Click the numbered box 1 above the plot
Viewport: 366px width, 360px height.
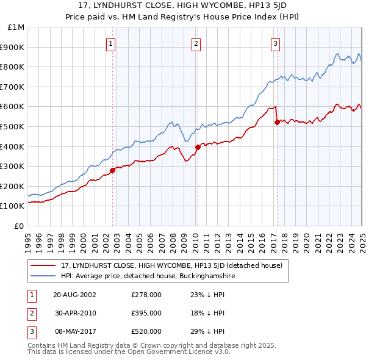111,43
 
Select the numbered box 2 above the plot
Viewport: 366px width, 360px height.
196,43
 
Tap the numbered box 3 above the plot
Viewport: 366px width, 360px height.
276,43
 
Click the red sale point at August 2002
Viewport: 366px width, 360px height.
113,170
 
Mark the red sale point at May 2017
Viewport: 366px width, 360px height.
277,122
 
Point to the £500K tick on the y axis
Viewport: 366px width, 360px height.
13,126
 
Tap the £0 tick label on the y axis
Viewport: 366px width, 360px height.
18,226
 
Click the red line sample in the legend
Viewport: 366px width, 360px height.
43,266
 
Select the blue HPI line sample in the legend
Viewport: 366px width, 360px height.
43,276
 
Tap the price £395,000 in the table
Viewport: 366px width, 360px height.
146,313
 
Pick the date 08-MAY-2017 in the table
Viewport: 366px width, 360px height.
74,331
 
